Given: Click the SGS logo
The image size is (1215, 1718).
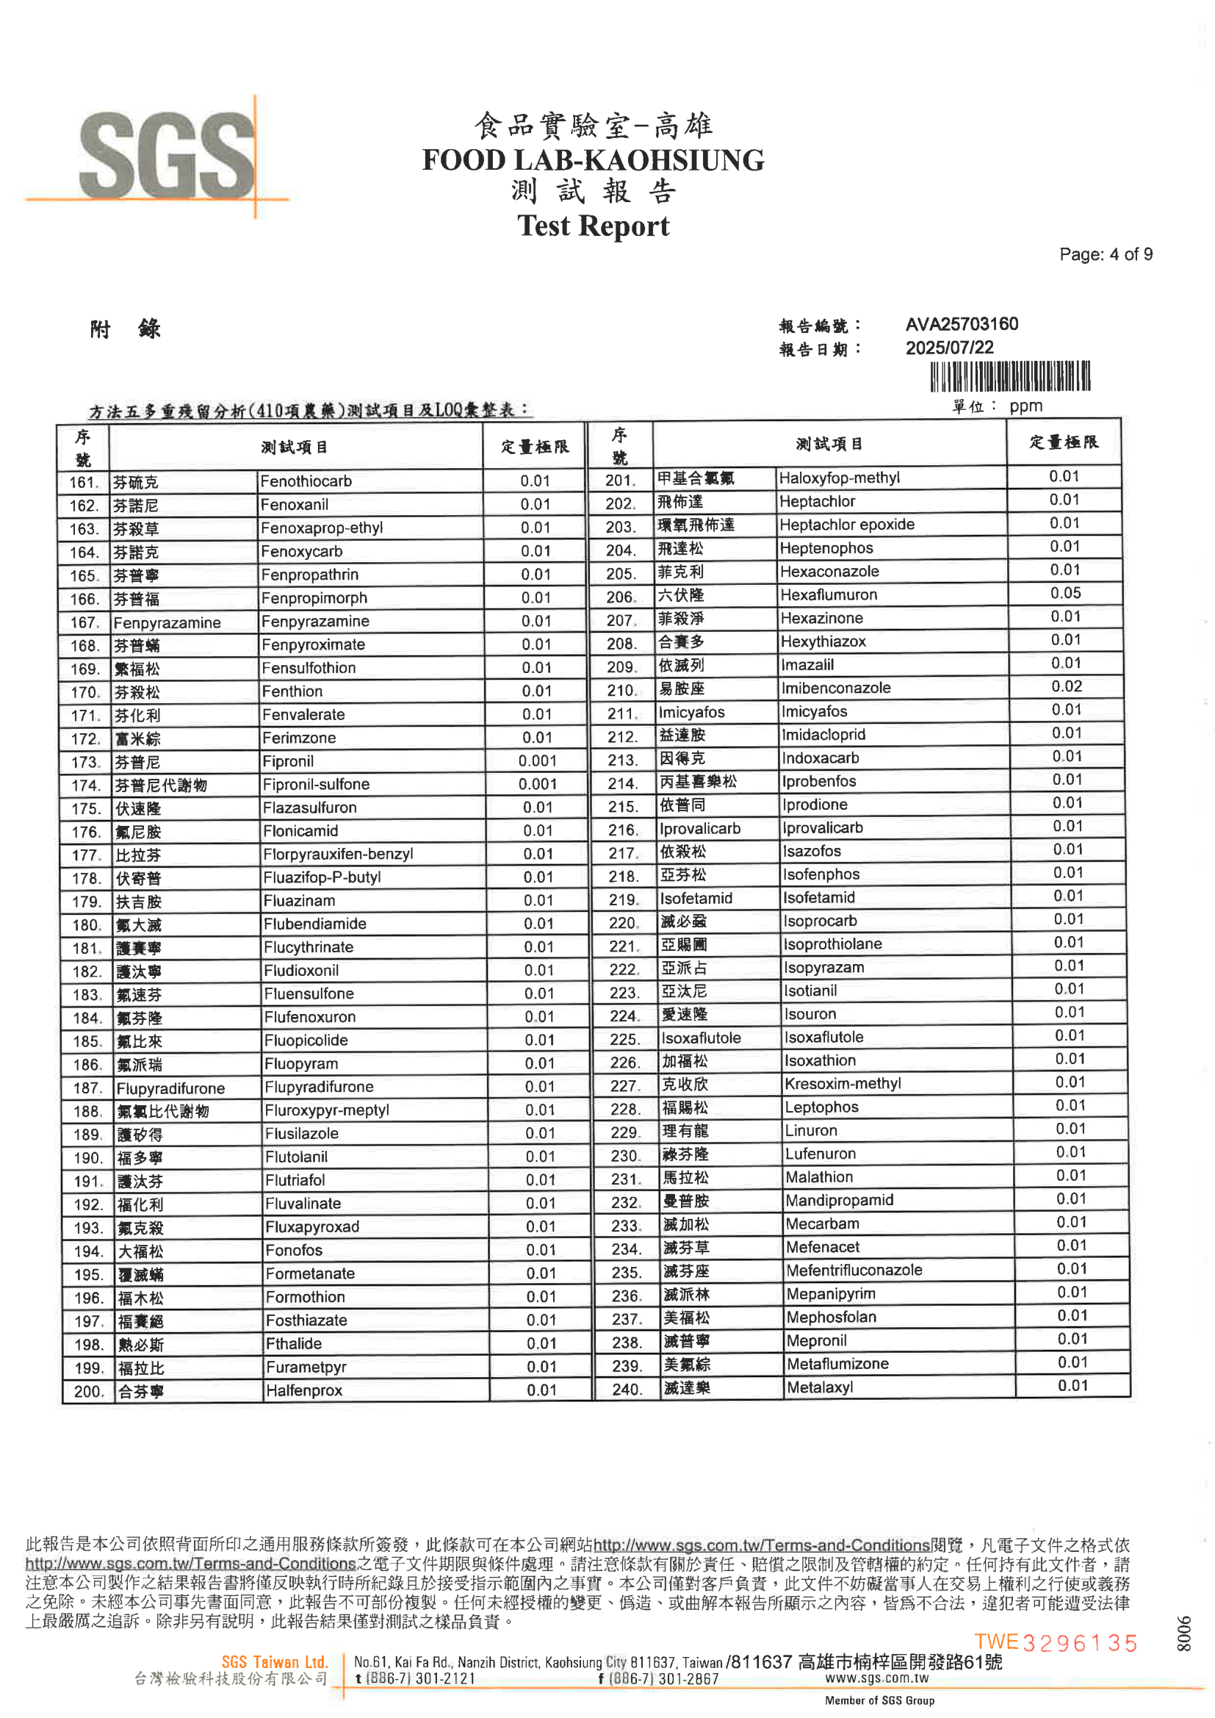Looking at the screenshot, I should pos(166,156).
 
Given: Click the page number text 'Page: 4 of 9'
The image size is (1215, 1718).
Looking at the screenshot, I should pos(1105,254).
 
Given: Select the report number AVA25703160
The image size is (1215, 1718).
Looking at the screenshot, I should pos(962,324).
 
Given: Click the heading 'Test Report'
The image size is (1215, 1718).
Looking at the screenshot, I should pos(593,226).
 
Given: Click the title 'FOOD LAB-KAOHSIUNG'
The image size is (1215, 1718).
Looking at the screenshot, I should pos(593,160).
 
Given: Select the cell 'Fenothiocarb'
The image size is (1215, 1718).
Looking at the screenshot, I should pos(306,481).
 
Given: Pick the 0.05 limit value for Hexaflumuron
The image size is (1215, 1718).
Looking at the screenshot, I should pos(1064,594).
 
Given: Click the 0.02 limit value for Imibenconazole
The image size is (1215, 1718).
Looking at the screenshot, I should pos(1066,687).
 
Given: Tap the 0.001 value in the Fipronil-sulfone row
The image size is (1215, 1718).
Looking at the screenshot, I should pos(537,784).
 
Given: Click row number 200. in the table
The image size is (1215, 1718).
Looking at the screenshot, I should pos(88,1392).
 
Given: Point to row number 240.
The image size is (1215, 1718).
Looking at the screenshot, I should pos(626,1390).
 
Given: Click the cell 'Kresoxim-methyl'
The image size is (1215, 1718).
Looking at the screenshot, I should pos(843,1083).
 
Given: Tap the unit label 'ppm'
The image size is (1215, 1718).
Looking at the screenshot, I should pos(1025,406).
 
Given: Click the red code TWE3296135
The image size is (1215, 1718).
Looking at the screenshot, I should pos(1056,1642).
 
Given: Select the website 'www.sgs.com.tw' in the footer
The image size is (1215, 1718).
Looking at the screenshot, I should pos(877,1678).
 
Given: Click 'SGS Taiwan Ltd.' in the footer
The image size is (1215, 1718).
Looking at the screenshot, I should pos(275,1662).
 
